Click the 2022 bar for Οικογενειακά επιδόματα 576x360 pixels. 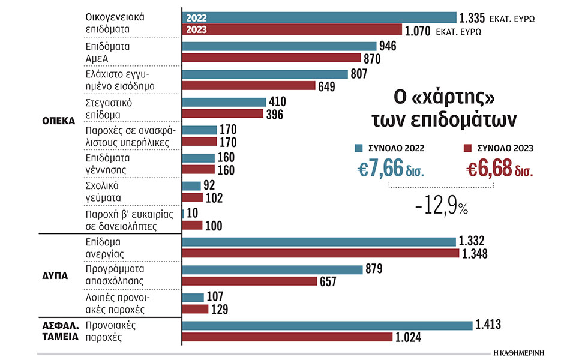(318, 17)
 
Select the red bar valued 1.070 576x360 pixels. (292, 29)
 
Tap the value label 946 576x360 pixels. (389, 46)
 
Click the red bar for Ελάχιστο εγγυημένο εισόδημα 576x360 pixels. (248, 86)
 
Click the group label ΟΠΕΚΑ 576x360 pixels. (59, 120)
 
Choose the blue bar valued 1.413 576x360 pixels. (326, 325)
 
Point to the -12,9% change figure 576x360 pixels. (441, 206)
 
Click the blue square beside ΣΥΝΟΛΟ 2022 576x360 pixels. (358, 148)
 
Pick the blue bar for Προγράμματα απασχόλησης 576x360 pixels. (272, 270)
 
